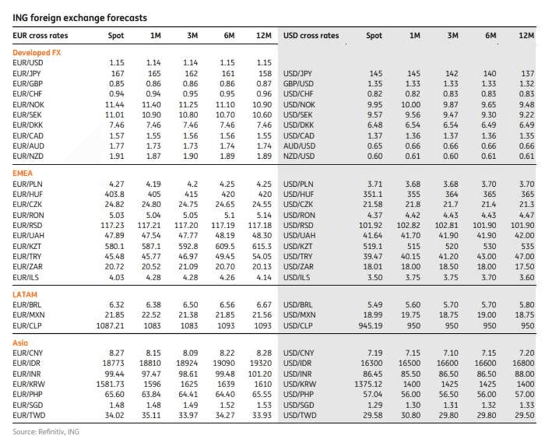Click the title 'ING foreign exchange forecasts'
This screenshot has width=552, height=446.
[79, 18]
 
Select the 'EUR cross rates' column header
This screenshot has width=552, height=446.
[40, 36]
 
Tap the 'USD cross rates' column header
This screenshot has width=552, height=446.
[311, 36]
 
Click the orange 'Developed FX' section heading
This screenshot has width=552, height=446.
[37, 53]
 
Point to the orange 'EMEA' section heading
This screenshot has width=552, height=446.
[23, 173]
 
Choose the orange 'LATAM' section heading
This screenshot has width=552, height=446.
[25, 294]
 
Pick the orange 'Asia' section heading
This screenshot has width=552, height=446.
[20, 343]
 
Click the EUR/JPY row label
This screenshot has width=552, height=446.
[26, 74]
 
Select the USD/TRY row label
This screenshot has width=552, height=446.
[298, 256]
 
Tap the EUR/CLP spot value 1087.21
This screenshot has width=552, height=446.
[110, 326]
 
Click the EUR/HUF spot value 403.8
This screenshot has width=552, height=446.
[114, 194]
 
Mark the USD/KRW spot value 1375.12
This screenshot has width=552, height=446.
[368, 384]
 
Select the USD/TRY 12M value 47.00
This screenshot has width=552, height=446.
[525, 256]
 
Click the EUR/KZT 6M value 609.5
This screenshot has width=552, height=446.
[225, 246]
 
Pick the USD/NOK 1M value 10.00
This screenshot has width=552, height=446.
[411, 105]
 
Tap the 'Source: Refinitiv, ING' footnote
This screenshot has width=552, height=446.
[46, 431]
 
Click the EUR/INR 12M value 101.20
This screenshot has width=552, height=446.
[260, 374]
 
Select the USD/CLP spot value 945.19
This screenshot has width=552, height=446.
[370, 326]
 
